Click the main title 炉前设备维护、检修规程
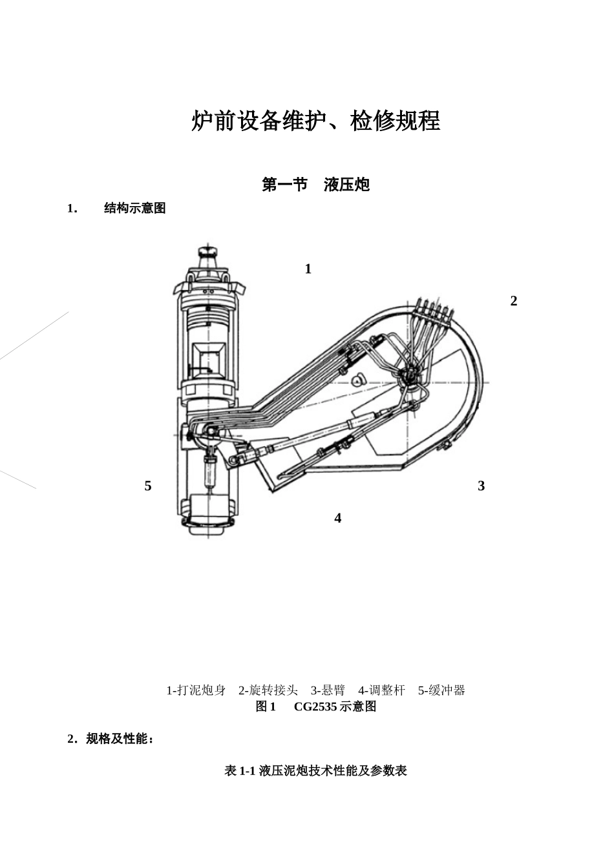(315, 121)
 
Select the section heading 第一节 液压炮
(315, 185)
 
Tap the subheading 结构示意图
(134, 208)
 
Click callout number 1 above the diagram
(308, 269)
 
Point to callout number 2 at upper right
(514, 301)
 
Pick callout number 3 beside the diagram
(481, 486)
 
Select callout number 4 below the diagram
(337, 518)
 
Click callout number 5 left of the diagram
(148, 486)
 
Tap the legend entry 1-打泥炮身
(196, 690)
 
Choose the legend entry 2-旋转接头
(268, 690)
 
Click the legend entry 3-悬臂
(328, 690)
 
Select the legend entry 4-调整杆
(381, 690)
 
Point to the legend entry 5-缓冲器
(441, 690)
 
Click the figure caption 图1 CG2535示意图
(315, 707)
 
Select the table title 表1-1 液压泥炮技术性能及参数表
(315, 770)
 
